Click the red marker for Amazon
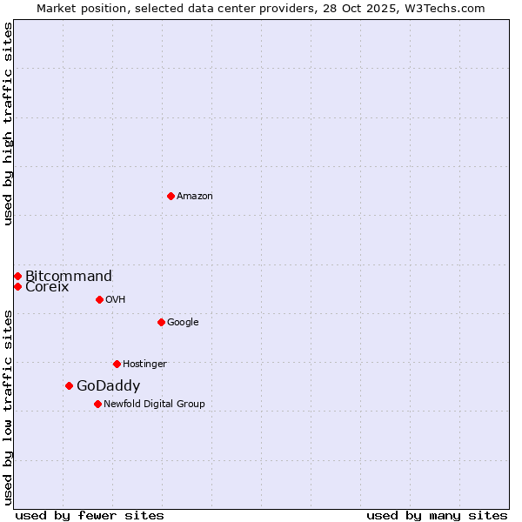point(171,196)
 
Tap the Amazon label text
point(195,197)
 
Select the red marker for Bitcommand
point(17,276)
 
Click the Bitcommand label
point(69,277)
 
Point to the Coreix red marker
point(17,286)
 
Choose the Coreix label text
point(47,287)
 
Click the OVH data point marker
point(99,299)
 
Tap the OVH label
point(116,300)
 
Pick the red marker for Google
point(161,322)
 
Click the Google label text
point(183,323)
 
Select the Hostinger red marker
point(117,364)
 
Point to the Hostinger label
point(144,365)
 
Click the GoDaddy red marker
point(69,385)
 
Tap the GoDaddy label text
point(108,386)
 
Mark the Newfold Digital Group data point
point(97,404)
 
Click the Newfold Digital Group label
point(154,405)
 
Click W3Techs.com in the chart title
point(449,9)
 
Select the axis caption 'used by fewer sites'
point(90,515)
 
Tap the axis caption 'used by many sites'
point(437,515)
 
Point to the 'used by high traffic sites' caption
point(9,124)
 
